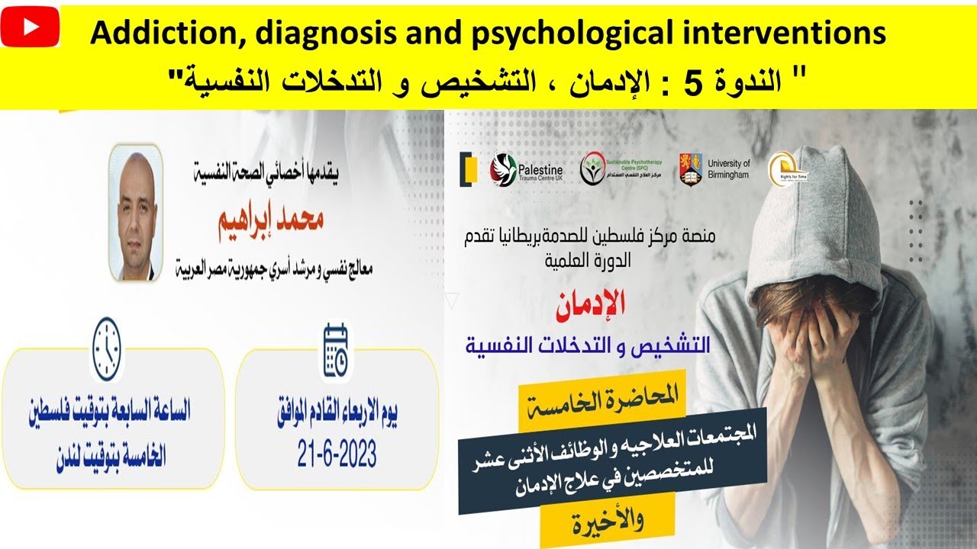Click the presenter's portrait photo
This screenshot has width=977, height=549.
coord(135,212)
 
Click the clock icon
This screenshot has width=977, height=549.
coord(106,349)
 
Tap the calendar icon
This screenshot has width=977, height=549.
coord(336,351)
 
